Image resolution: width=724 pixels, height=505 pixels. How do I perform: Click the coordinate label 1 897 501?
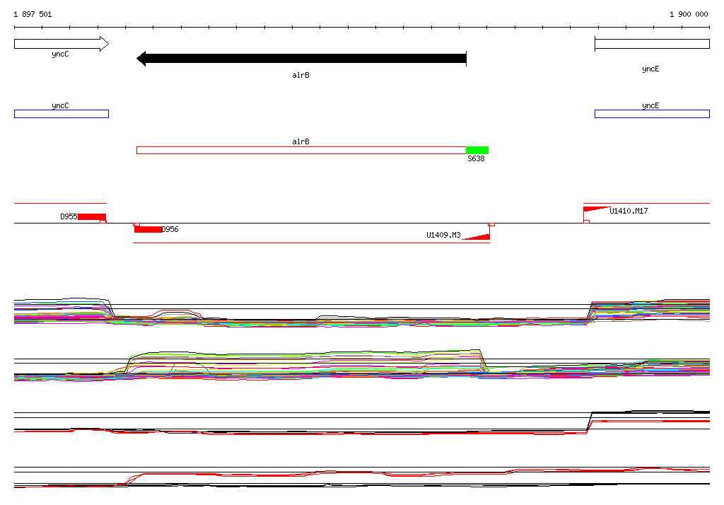point(33,14)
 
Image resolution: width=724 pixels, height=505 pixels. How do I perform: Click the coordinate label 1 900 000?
point(689,14)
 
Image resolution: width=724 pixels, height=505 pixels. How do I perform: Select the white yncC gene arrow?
point(62,44)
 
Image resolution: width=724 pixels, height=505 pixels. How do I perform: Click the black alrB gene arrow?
point(301,58)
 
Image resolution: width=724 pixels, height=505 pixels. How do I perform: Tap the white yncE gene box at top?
point(652,44)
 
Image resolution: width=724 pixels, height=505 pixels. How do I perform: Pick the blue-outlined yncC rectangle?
point(62,114)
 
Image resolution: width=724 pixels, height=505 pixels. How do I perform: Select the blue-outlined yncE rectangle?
point(652,114)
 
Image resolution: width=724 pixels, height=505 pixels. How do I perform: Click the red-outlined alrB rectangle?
point(301,150)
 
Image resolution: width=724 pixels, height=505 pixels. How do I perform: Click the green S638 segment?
point(477,150)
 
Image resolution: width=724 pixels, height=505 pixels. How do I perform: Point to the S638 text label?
point(476,158)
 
